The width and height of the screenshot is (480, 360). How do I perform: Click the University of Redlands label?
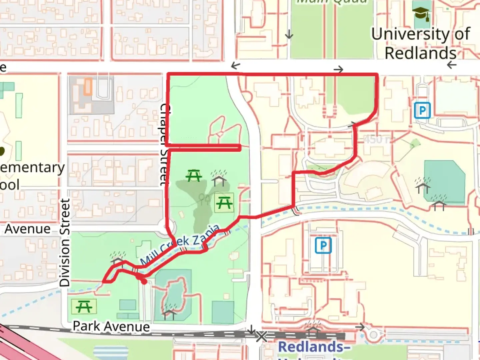click(420, 44)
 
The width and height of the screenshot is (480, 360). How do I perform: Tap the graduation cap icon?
click(421, 14)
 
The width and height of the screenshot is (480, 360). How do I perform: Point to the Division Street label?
click(65, 242)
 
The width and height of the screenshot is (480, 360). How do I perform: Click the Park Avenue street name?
click(111, 326)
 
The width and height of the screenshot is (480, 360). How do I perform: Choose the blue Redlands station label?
click(314, 347)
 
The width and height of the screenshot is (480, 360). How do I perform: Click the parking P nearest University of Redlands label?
click(422, 110)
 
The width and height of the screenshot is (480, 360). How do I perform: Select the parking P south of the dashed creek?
click(323, 246)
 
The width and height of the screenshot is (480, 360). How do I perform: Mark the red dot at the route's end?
click(144, 282)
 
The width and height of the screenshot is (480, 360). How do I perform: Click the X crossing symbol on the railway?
click(261, 336)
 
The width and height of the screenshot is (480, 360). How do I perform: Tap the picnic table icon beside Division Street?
click(84, 306)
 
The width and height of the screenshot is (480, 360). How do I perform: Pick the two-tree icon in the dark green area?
click(204, 199)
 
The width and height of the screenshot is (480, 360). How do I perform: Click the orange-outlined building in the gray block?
click(88, 86)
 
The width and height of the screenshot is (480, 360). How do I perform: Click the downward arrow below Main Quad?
click(289, 34)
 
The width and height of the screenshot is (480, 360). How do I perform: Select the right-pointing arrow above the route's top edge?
click(338, 69)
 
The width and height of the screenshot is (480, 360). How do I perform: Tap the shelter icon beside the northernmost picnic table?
click(219, 178)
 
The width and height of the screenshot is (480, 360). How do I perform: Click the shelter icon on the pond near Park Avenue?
click(169, 311)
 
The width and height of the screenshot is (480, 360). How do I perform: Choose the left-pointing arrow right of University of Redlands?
click(452, 65)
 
